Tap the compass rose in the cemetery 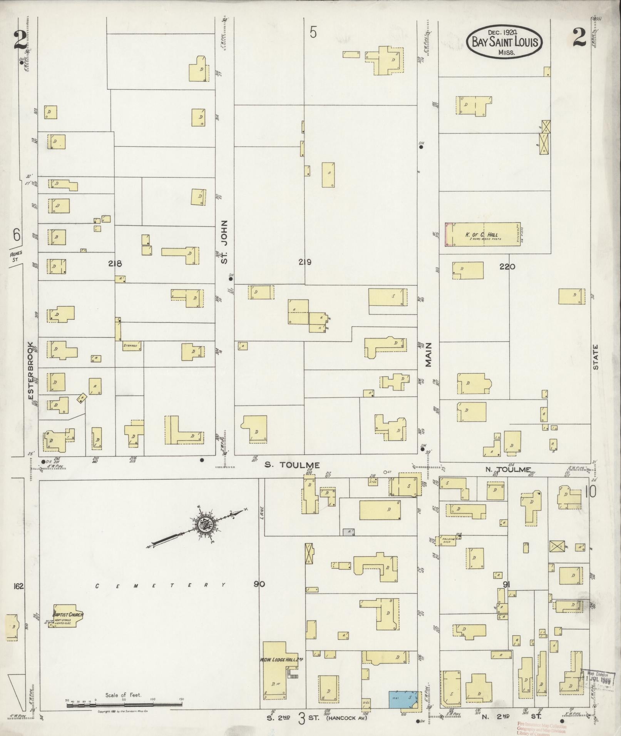click(203, 525)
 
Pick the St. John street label click(225, 242)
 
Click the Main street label click(429, 354)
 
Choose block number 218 click(115, 264)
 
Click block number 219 click(305, 262)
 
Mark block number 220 click(507, 266)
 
